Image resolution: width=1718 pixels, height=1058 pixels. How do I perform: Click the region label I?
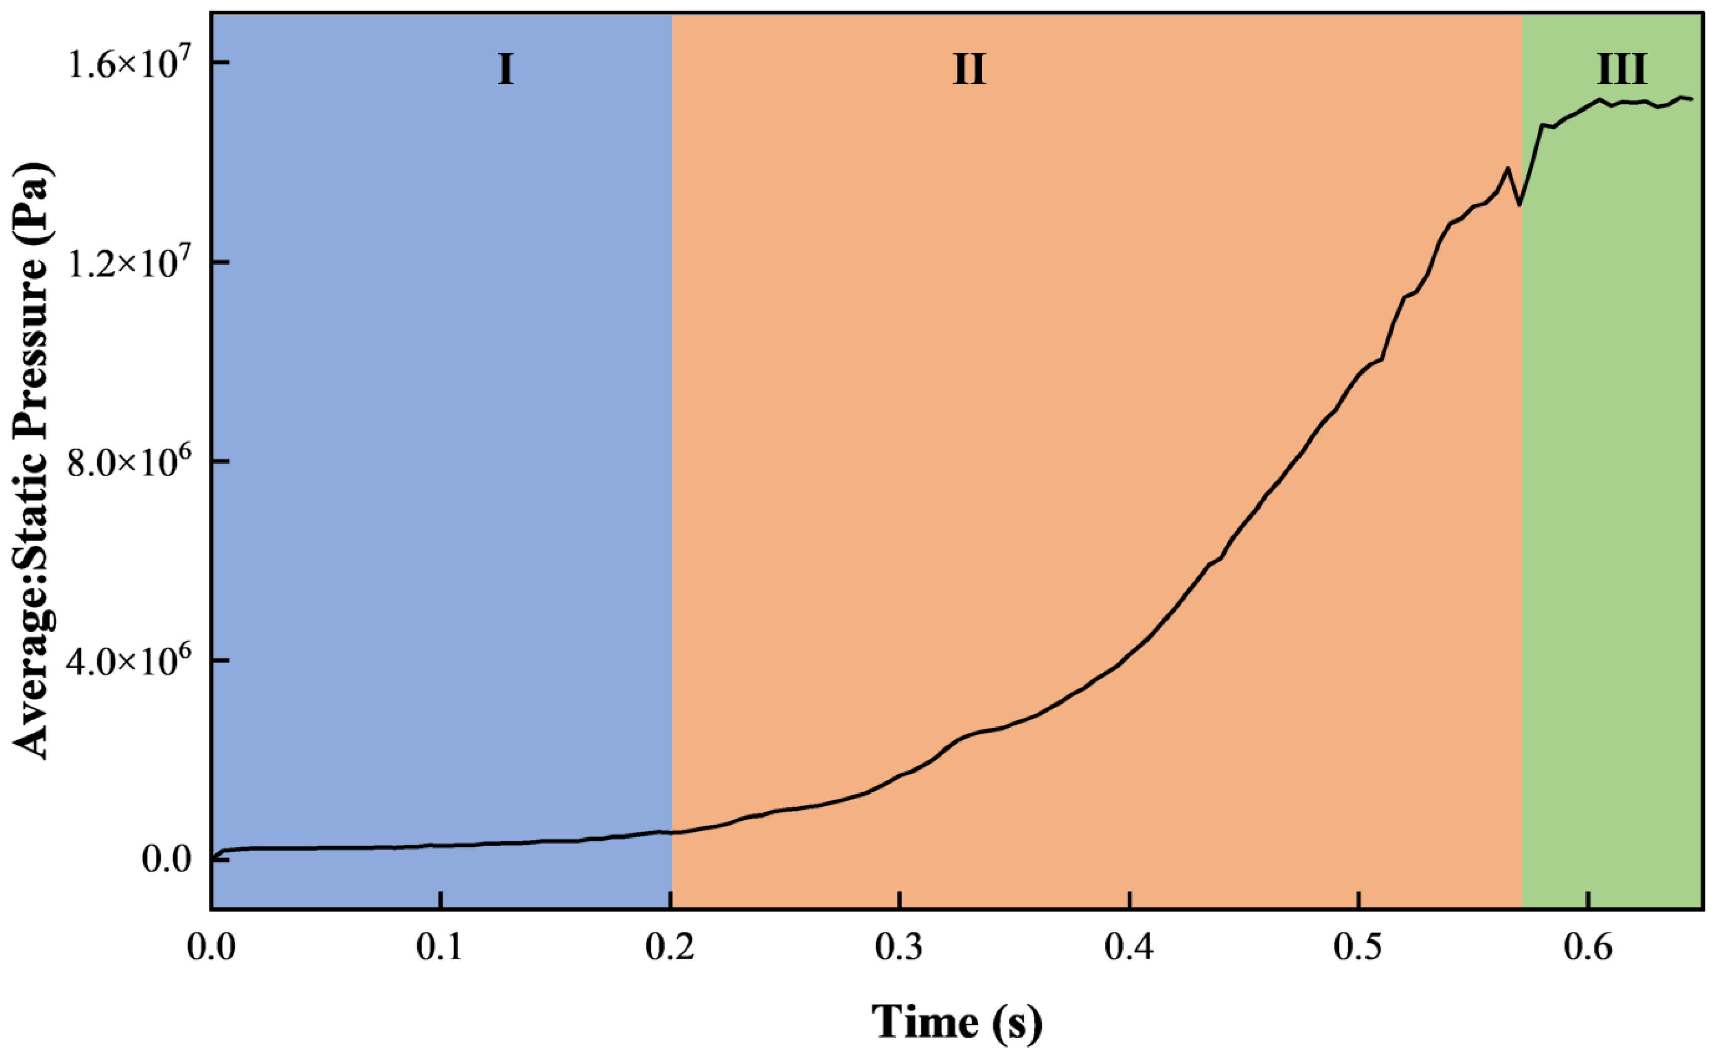click(505, 70)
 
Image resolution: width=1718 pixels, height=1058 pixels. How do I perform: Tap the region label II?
click(969, 70)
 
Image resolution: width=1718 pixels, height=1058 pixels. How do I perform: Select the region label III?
click(1621, 70)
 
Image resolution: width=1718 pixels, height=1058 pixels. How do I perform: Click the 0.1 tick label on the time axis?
click(440, 949)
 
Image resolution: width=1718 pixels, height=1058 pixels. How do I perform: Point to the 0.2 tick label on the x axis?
click(670, 949)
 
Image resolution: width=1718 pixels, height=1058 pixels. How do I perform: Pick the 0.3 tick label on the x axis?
click(900, 949)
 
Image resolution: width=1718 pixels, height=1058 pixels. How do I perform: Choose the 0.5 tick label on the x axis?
click(1358, 949)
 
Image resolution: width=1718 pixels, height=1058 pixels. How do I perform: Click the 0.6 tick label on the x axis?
click(1589, 949)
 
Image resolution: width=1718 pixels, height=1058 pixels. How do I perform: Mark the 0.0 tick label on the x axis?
click(211, 949)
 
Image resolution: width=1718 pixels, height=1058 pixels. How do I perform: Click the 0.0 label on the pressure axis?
click(167, 860)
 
